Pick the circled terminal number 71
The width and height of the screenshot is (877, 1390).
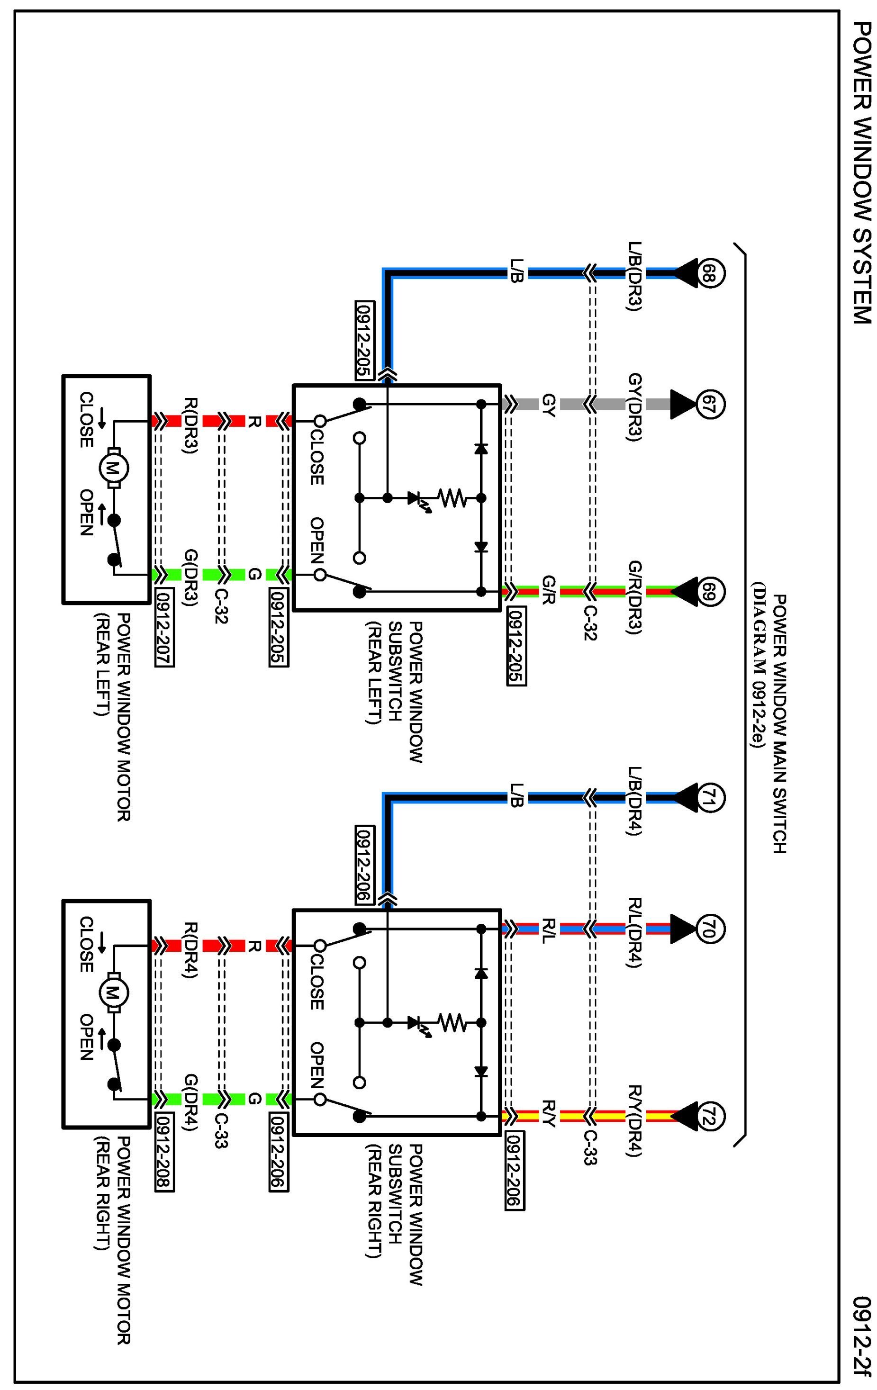(x=710, y=798)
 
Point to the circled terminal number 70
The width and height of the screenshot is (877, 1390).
(x=710, y=929)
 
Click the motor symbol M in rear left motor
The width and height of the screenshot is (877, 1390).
(x=114, y=469)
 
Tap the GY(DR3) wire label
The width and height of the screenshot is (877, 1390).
(x=634, y=407)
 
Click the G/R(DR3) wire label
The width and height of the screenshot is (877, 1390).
(x=634, y=597)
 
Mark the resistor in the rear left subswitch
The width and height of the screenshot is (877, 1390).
(x=452, y=497)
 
